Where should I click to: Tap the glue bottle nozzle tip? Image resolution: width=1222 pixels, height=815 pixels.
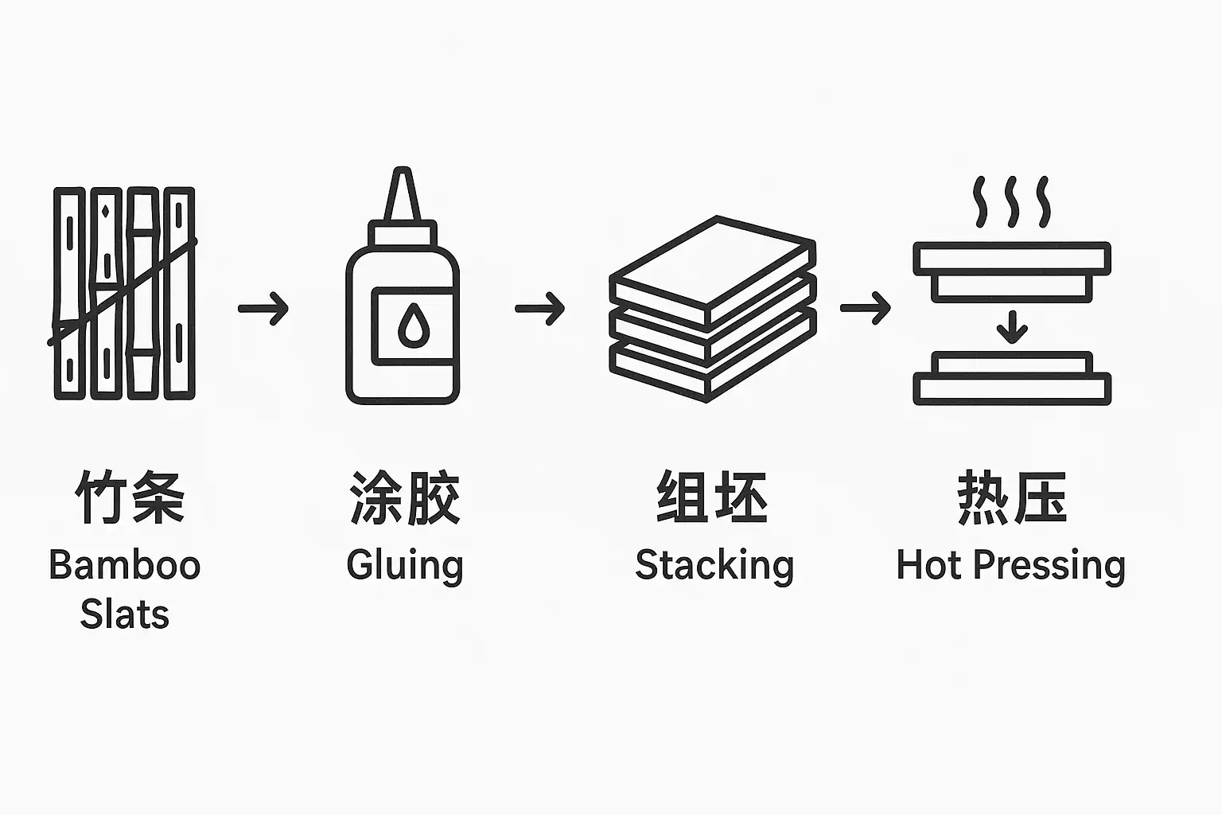tap(403, 174)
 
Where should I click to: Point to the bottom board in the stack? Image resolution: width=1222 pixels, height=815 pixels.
tap(712, 370)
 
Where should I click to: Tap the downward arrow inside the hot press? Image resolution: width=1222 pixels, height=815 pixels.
tap(1012, 326)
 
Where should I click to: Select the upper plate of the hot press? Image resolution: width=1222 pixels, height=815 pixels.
tap(1011, 258)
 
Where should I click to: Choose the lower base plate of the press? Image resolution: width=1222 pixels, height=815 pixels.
tap(1011, 388)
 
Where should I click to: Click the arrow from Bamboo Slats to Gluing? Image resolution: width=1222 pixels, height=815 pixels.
tap(263, 308)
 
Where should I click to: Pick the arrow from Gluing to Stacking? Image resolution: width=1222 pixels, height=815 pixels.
tap(540, 308)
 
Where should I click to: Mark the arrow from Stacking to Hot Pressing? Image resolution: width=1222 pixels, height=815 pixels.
tap(865, 308)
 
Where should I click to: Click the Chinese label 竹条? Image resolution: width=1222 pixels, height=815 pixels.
tap(130, 497)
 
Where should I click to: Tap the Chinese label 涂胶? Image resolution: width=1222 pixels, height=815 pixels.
tap(405, 497)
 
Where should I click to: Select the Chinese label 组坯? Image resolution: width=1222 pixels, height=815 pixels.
tap(712, 497)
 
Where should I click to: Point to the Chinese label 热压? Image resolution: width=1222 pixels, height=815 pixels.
tap(1011, 497)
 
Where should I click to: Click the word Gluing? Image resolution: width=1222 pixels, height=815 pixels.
tap(405, 566)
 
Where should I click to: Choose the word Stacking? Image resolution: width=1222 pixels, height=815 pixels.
tap(714, 566)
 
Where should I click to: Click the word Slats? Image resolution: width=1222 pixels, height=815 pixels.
tap(125, 615)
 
